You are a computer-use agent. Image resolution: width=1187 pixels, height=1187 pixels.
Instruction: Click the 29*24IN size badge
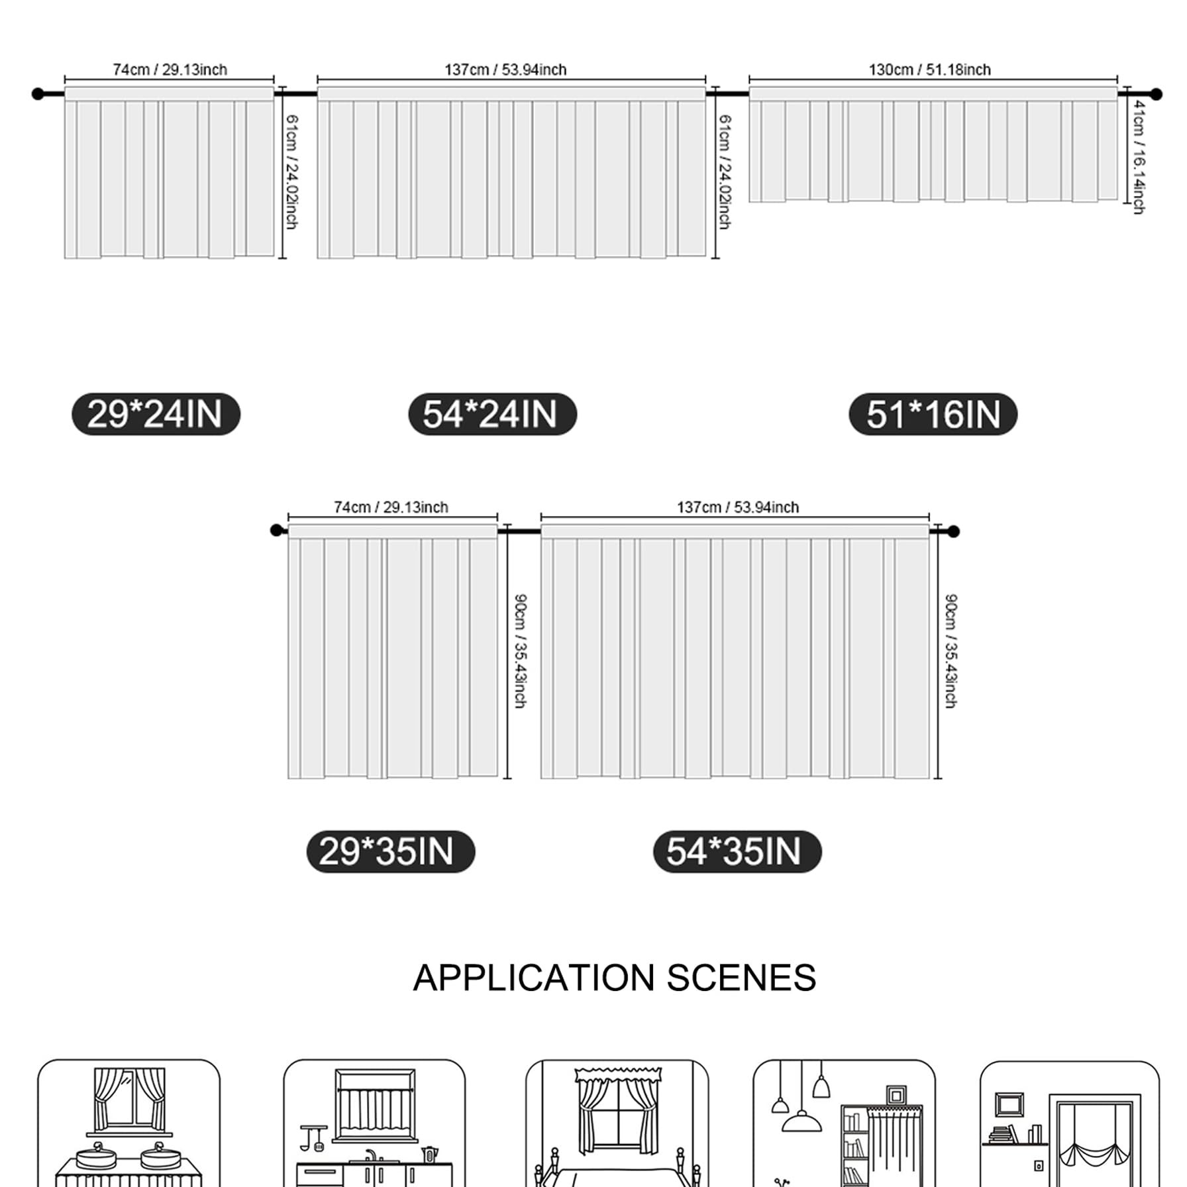pyautogui.click(x=156, y=414)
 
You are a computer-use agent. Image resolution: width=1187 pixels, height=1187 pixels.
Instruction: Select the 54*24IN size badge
pyautogui.click(x=492, y=414)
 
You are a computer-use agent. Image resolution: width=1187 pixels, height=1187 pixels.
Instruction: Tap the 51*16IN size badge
pyautogui.click(x=933, y=414)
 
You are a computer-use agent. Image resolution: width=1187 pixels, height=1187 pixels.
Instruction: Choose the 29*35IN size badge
pyautogui.click(x=390, y=851)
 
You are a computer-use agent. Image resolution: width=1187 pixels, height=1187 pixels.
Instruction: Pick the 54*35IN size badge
pyautogui.click(x=737, y=851)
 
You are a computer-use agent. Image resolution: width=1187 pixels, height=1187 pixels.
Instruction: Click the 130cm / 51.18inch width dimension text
pyautogui.click(x=929, y=70)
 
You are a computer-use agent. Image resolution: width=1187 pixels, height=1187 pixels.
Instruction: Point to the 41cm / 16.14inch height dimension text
pyautogui.click(x=1139, y=157)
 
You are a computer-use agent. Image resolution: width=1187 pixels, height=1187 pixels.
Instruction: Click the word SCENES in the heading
pyautogui.click(x=741, y=978)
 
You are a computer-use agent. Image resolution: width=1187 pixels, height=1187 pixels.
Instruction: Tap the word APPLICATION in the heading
pyautogui.click(x=534, y=978)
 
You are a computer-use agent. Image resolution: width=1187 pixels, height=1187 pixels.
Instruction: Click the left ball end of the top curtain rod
pyautogui.click(x=38, y=94)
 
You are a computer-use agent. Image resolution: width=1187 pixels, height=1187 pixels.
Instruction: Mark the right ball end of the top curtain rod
pyautogui.click(x=1156, y=94)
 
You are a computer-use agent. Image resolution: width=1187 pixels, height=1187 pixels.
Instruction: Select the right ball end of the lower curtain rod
pyautogui.click(x=953, y=531)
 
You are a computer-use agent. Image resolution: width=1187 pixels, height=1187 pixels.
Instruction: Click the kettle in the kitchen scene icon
pyautogui.click(x=429, y=1155)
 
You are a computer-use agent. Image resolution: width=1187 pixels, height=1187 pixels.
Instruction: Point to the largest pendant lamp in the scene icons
pyautogui.click(x=801, y=1121)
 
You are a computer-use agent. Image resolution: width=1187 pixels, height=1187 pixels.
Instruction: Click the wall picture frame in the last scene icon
pyautogui.click(x=1009, y=1104)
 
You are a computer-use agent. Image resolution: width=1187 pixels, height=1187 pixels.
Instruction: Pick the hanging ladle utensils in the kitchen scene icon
pyautogui.click(x=313, y=1137)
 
